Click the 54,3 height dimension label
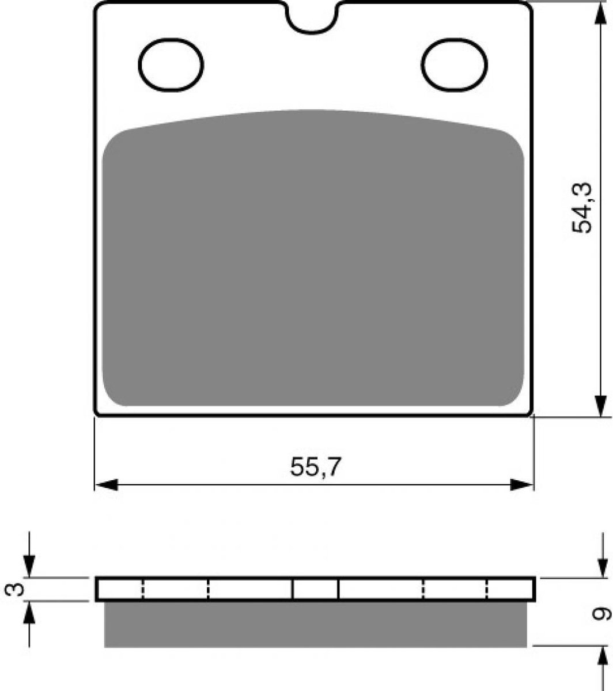(582, 208)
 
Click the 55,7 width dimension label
(315, 467)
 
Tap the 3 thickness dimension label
(14, 589)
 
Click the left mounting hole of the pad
(171, 65)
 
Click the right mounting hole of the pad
(455, 65)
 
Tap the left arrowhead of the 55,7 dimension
(107, 485)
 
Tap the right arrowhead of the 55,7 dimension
(522, 485)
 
